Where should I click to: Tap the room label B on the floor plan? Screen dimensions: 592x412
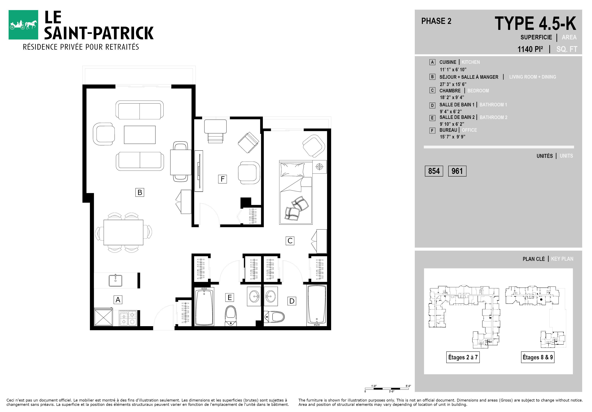[140, 192]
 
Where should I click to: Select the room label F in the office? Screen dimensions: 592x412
[222, 179]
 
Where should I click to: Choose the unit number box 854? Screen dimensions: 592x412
[434, 171]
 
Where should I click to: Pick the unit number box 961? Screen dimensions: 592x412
[457, 171]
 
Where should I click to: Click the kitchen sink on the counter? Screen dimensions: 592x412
[116, 280]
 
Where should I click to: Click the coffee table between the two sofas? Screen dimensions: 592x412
[140, 135]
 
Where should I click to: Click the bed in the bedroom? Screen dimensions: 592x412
[296, 193]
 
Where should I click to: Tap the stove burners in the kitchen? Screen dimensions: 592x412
[128, 318]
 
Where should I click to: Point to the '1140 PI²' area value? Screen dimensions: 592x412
[530, 49]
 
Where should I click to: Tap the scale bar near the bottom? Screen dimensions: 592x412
[387, 388]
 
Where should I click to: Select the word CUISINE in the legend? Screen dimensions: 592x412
[448, 62]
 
